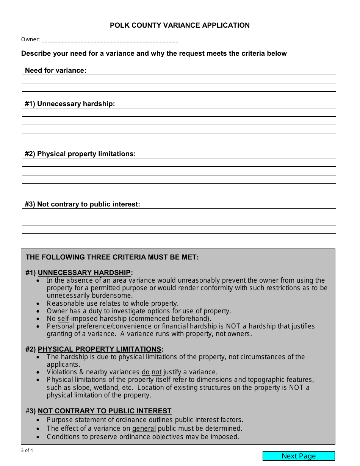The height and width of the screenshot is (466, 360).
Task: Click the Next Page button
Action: click(x=299, y=456)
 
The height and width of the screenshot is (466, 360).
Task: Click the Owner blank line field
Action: click(x=110, y=40)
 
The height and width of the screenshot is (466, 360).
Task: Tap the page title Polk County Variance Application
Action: click(x=180, y=25)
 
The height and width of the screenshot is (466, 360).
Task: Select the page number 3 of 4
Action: click(x=27, y=450)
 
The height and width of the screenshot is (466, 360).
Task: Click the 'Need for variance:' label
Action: click(x=56, y=70)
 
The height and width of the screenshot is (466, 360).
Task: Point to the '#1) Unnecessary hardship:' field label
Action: click(x=70, y=104)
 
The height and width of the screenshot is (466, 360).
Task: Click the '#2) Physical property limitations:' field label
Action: click(x=80, y=154)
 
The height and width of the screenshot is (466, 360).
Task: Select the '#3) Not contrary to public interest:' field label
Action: click(x=82, y=204)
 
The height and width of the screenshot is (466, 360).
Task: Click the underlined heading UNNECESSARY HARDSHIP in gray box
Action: click(x=84, y=273)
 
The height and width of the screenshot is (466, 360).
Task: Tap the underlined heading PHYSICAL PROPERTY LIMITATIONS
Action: click(x=100, y=349)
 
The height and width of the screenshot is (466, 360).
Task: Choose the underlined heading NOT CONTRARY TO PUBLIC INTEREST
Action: click(x=105, y=411)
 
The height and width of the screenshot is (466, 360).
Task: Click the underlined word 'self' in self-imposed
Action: click(x=63, y=319)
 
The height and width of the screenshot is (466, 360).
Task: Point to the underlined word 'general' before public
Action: click(x=144, y=428)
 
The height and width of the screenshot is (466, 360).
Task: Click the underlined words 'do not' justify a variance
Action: click(x=152, y=372)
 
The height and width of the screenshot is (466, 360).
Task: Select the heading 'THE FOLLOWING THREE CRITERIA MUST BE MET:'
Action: click(x=112, y=257)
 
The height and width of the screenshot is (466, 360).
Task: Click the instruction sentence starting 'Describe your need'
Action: click(x=154, y=53)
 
